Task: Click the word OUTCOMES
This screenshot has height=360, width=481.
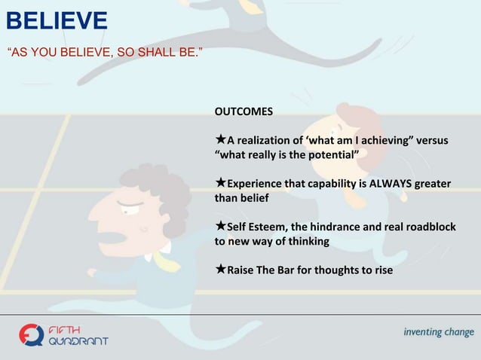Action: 244,112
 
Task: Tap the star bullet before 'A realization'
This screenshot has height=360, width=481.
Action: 220,140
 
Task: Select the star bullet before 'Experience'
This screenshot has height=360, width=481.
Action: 220,183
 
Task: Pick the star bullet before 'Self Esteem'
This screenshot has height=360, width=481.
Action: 220,226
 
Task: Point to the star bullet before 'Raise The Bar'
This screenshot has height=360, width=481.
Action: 220,269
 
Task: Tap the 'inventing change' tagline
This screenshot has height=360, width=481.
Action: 438,332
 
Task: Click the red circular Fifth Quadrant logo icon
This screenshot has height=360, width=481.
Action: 32,334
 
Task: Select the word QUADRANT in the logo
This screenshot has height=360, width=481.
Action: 78,340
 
